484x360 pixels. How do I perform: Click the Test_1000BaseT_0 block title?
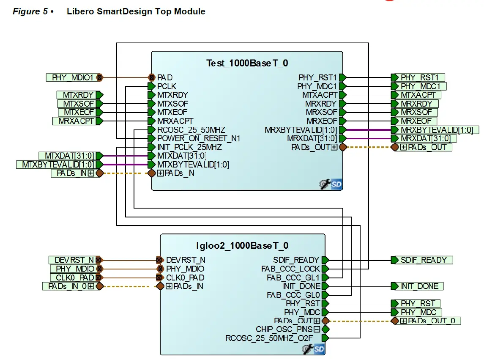(x=247, y=63)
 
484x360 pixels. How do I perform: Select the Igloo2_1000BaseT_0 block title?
(x=243, y=246)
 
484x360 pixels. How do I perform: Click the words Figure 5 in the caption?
(x=30, y=11)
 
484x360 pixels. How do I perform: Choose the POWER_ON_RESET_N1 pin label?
(x=199, y=138)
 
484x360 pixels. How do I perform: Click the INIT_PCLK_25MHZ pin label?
(x=189, y=147)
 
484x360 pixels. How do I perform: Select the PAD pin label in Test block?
(x=165, y=77)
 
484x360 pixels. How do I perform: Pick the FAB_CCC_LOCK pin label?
(x=290, y=269)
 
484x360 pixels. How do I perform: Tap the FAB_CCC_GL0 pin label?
(x=293, y=295)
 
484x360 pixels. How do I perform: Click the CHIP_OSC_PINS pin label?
(x=284, y=329)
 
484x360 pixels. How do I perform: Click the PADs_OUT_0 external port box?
(x=428, y=321)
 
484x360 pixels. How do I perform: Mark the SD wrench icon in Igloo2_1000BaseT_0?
(x=313, y=349)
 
